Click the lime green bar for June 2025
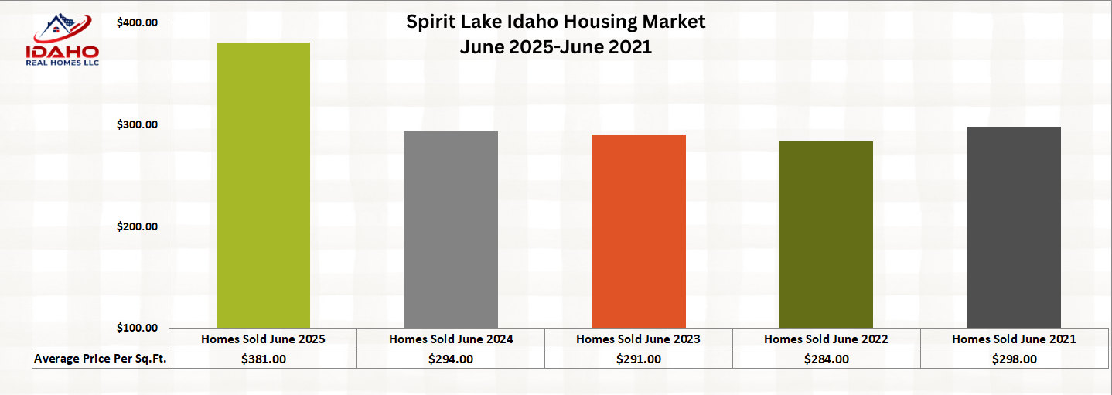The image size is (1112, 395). point(263,186)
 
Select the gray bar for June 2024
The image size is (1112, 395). point(451,230)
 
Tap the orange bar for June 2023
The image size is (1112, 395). point(639,231)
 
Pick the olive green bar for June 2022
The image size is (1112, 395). point(826,234)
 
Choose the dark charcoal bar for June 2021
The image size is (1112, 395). point(1014,227)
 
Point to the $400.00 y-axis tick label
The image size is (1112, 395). point(137,23)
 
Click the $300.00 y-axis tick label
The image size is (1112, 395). point(137,124)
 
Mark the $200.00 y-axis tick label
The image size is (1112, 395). point(137,226)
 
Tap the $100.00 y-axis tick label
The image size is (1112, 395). point(137,328)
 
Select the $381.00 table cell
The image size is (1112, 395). point(263,359)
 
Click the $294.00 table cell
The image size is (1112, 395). point(451,359)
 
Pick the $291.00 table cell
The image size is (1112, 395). point(639,359)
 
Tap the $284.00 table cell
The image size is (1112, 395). point(826,359)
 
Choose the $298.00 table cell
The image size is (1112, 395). point(1014,359)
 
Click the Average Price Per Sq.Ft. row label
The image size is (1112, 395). point(101,359)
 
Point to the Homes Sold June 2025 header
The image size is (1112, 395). point(263,339)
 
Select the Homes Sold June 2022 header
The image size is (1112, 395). point(826,339)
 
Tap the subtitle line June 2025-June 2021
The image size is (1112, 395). point(555,47)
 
